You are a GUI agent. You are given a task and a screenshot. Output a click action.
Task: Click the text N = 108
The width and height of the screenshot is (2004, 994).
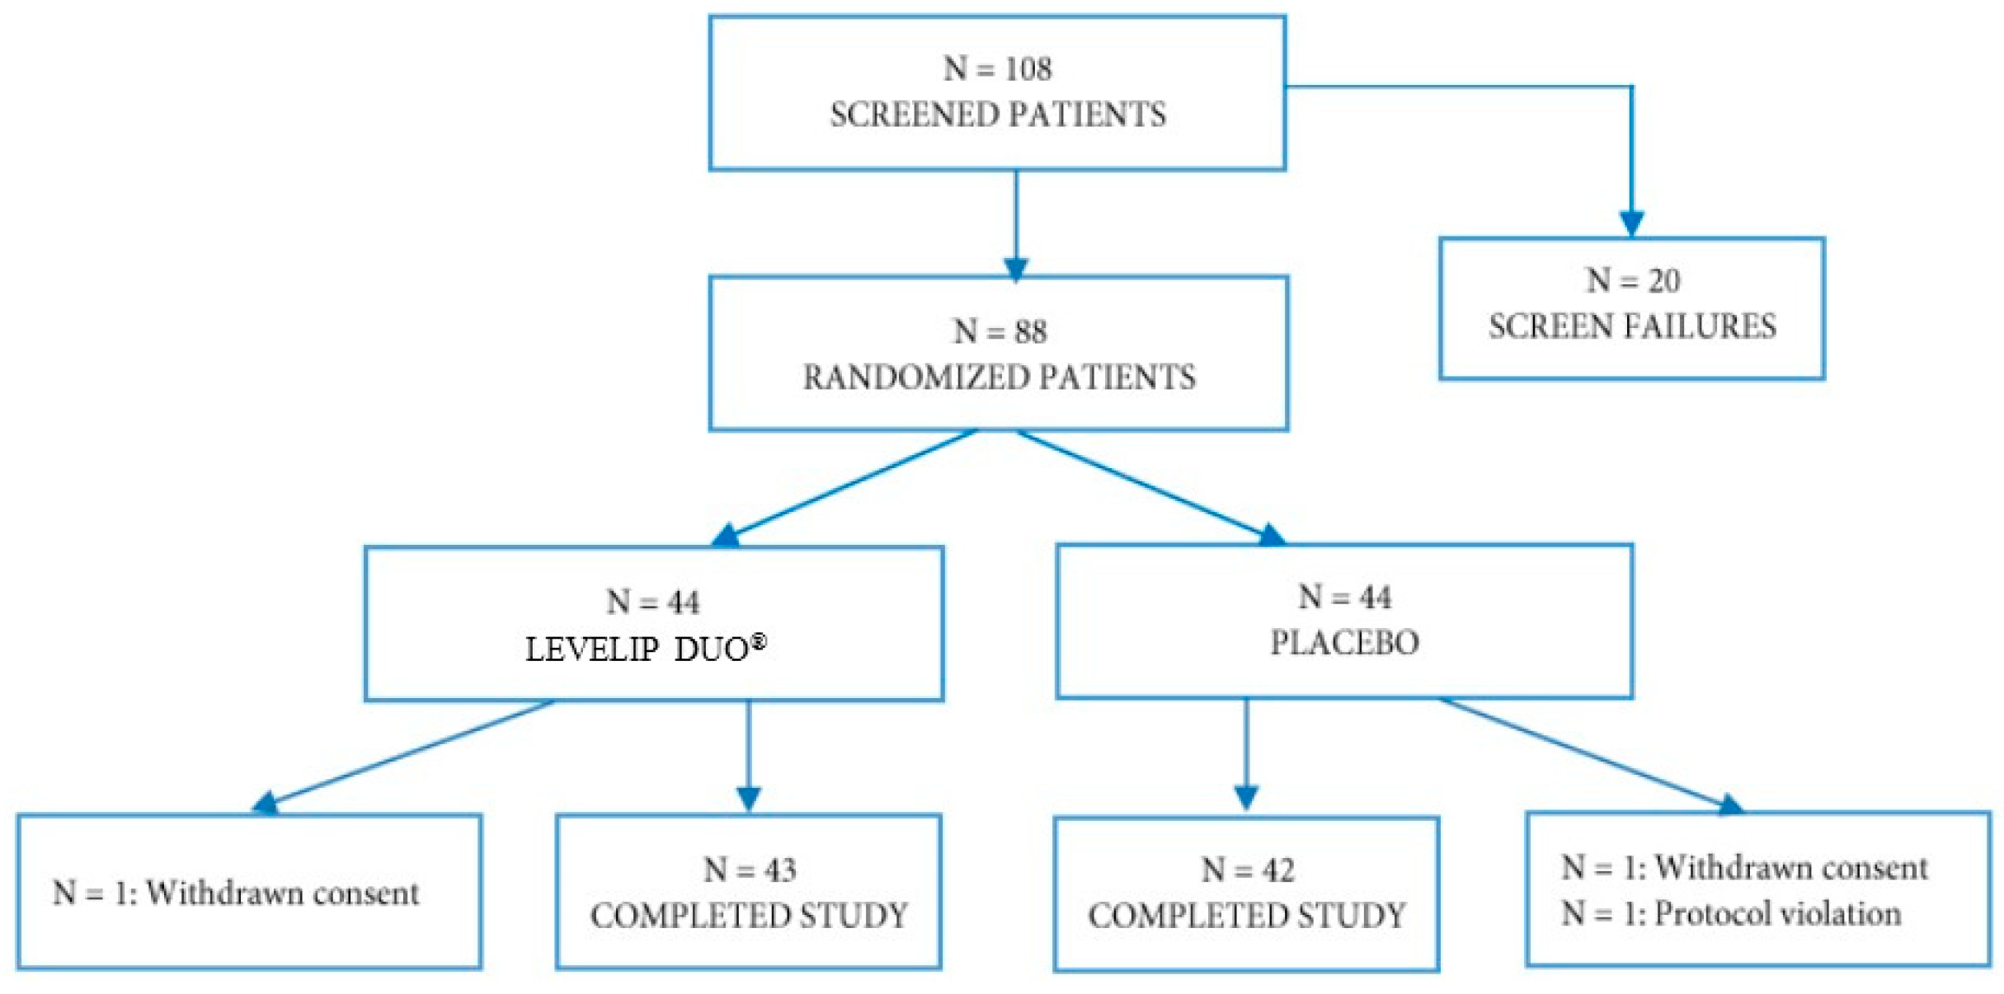click(997, 68)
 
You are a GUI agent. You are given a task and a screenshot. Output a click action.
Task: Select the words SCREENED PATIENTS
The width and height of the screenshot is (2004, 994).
click(997, 115)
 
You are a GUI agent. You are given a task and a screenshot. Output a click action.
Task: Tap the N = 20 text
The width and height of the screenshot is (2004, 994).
click(1632, 281)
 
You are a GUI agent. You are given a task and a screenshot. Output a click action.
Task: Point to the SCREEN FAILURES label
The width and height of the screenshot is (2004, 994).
click(1631, 326)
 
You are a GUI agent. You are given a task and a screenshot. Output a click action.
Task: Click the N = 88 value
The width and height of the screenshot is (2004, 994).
click(1000, 331)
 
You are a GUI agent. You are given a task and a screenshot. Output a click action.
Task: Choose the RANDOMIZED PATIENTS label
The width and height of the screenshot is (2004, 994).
click(999, 377)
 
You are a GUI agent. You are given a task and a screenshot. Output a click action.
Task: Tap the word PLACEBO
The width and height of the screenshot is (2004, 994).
click(1344, 642)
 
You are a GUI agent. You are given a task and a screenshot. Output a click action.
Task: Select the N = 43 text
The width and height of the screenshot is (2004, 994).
click(749, 870)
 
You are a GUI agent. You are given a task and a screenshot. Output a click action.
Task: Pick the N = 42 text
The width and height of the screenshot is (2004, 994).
click(1247, 870)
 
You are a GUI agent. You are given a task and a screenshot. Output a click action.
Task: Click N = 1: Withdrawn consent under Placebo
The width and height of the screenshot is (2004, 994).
click(1743, 867)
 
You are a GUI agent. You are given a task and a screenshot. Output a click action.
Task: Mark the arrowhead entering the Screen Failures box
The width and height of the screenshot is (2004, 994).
click(1631, 223)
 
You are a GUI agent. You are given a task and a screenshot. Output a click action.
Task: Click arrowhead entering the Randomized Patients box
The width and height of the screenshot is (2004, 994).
click(1015, 269)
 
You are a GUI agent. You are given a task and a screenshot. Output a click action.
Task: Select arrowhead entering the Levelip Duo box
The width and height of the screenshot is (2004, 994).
click(727, 537)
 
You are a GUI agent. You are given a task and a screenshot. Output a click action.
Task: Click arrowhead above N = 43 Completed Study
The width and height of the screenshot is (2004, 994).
click(748, 798)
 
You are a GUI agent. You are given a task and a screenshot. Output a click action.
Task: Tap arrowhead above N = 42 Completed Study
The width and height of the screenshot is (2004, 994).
click(1245, 797)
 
